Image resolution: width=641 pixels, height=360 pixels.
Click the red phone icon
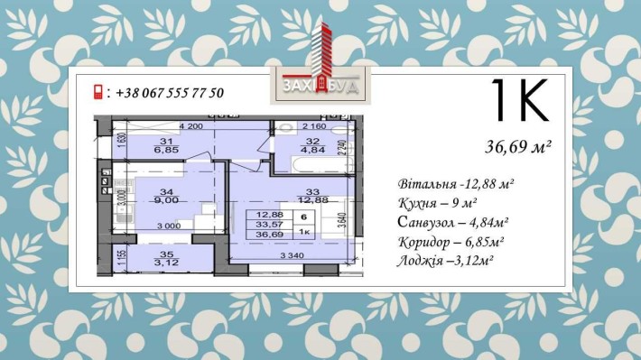98,93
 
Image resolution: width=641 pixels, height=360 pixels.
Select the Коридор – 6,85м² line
450,242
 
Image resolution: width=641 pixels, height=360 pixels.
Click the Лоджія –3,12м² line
447,262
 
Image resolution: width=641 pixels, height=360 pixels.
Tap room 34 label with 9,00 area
165,197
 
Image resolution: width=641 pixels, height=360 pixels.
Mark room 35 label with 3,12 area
165,258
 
